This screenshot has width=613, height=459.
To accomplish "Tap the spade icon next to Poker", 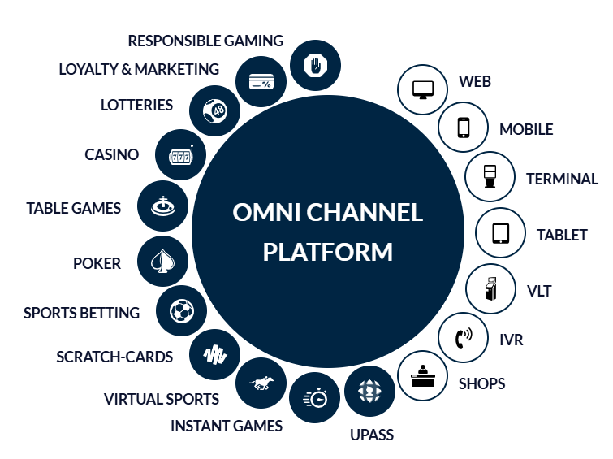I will [162, 262].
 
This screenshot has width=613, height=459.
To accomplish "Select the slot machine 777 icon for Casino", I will [180, 154].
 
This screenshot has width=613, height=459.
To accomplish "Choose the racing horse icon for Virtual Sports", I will [261, 380].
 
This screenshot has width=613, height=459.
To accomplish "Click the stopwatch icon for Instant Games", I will [315, 397].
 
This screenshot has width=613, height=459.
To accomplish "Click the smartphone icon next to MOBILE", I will [464, 128].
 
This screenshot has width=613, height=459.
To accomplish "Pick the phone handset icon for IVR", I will [464, 337].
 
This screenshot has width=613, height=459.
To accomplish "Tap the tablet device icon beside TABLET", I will [500, 233].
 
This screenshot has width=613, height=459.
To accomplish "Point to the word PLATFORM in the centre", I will [327, 251].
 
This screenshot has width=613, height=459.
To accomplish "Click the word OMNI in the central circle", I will [268, 213].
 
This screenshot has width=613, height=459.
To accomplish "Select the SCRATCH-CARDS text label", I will [114, 357].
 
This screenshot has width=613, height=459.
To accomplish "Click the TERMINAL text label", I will [562, 179].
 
